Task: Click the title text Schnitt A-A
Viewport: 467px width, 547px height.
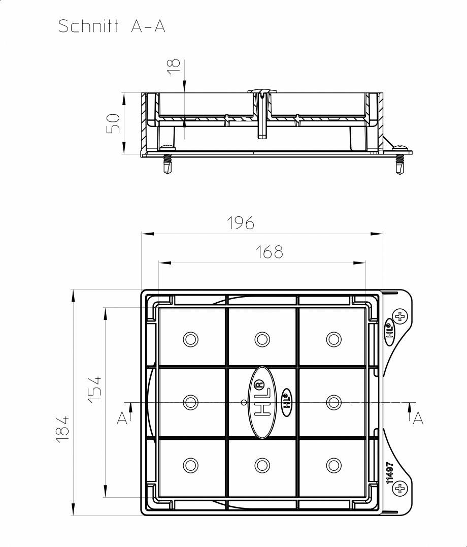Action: click(x=112, y=26)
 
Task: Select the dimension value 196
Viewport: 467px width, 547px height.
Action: click(x=240, y=223)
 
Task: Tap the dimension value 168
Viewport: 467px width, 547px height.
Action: click(x=269, y=252)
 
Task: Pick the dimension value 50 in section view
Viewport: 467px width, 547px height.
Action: click(x=113, y=123)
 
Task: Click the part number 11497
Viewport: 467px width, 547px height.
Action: click(x=389, y=472)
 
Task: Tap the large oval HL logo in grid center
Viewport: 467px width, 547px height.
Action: click(x=262, y=402)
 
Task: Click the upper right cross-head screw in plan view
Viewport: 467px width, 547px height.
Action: click(x=401, y=317)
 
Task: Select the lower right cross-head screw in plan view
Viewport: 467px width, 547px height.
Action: click(x=401, y=489)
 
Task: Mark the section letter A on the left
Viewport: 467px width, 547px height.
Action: click(x=122, y=418)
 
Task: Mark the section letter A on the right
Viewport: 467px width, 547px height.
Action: click(x=418, y=418)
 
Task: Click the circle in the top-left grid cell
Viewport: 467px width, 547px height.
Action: click(x=191, y=339)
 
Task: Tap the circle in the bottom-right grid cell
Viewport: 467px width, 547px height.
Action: click(x=333, y=465)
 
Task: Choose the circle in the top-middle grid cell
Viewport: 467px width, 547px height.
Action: click(x=262, y=339)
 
